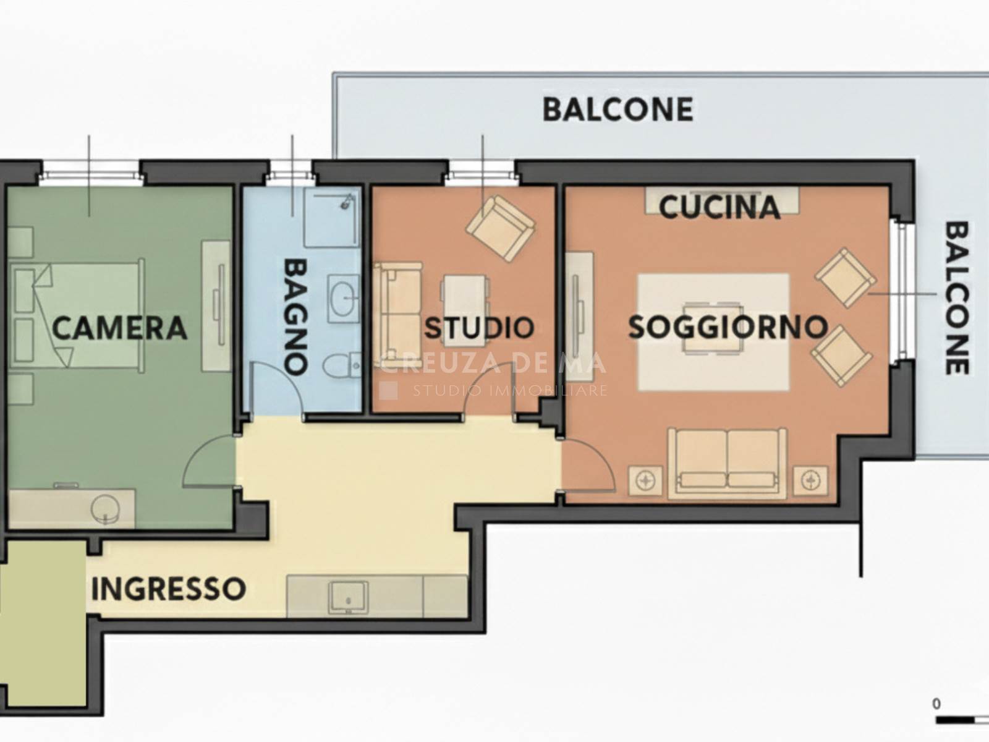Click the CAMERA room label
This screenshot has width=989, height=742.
119,328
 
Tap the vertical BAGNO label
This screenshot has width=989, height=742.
295,316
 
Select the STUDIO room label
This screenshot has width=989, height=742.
480,328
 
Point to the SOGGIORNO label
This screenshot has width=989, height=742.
728,327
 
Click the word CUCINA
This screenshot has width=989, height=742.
719,207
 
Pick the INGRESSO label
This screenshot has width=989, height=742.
169,589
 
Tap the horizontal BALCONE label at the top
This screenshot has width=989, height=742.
618,109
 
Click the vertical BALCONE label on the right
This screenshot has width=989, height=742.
956,297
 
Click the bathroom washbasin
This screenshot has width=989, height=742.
344,297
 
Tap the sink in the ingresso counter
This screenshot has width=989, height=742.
348,597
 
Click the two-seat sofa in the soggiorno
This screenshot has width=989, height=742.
727,464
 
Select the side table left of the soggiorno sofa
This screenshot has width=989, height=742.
645,481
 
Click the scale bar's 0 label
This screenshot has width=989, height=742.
936,704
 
